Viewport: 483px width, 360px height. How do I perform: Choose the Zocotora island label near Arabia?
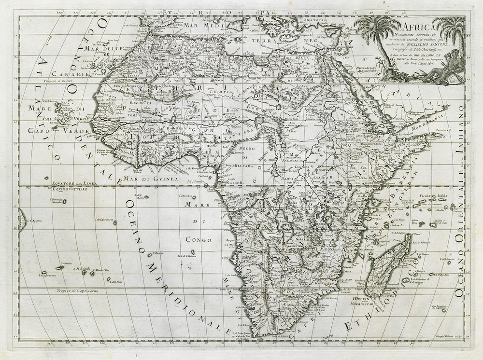[x=446, y=130]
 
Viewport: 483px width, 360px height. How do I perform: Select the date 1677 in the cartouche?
[x=432, y=63]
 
